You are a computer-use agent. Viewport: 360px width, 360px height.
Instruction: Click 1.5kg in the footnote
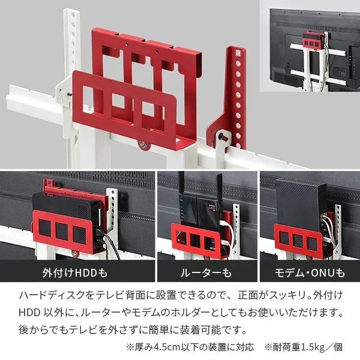click(x=313, y=346)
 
